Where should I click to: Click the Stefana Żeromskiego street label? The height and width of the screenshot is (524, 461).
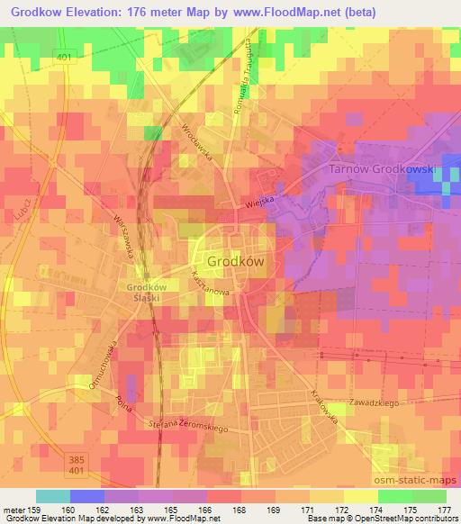187,420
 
